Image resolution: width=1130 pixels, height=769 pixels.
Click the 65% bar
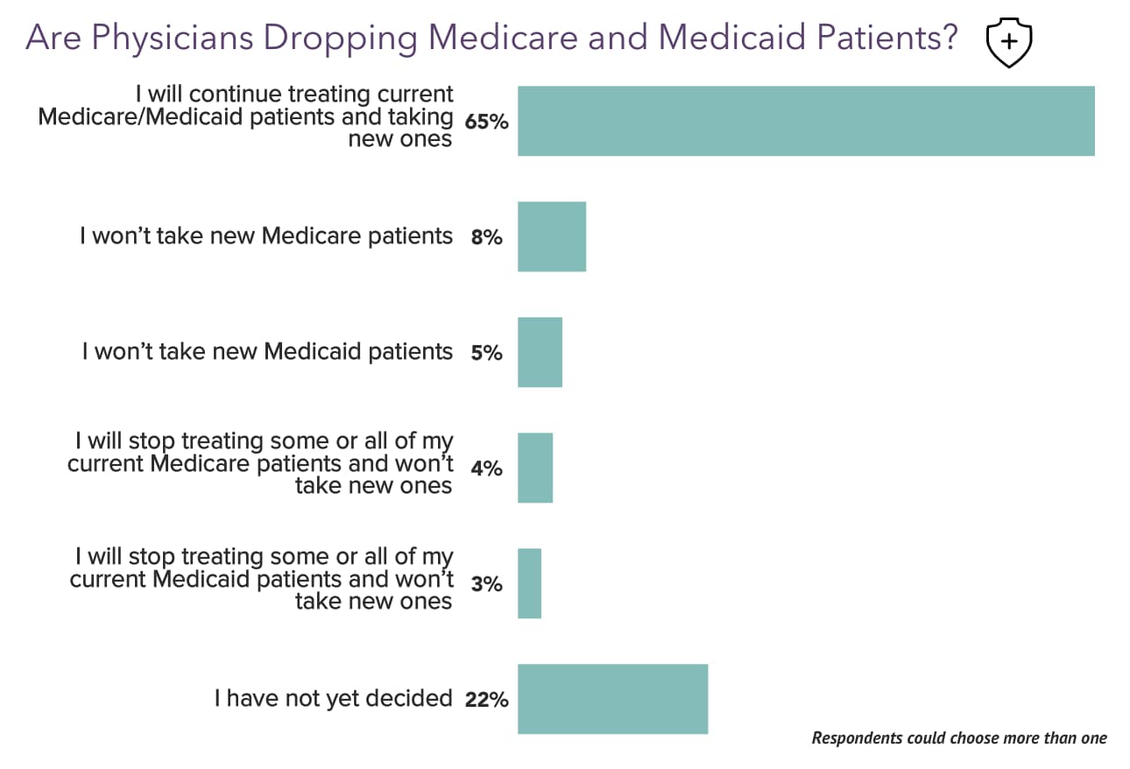[806, 121]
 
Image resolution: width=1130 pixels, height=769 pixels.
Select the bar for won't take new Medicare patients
[552, 236]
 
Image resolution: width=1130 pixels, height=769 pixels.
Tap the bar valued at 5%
[540, 352]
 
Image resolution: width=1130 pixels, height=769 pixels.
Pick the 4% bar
[535, 468]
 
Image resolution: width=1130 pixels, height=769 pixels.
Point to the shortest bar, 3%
[529, 583]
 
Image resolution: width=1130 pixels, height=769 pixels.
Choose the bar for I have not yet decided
[612, 699]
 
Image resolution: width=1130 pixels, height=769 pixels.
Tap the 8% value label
[487, 236]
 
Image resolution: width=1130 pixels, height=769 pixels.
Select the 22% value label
[487, 700]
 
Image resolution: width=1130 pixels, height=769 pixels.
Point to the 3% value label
[487, 584]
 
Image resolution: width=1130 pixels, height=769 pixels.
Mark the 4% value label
[487, 469]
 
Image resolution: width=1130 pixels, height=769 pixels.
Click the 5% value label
[487, 353]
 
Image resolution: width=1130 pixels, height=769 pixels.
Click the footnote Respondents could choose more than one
[959, 737]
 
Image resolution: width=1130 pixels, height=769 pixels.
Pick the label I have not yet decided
[334, 699]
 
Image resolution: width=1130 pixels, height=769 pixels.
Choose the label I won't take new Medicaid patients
[267, 352]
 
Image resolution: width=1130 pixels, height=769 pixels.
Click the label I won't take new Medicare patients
[266, 236]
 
